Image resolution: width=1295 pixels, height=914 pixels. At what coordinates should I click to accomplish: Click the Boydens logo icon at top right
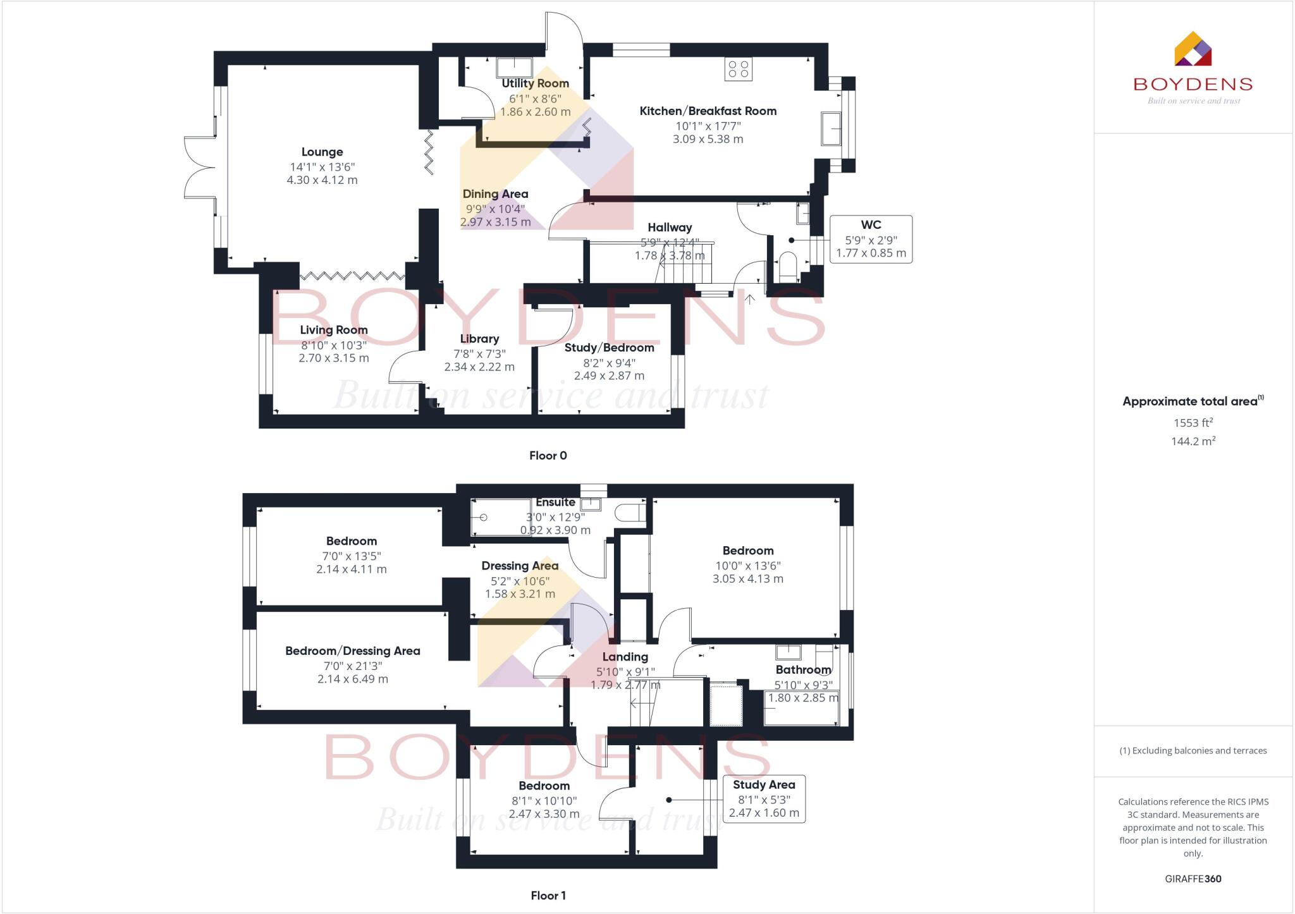tap(1193, 49)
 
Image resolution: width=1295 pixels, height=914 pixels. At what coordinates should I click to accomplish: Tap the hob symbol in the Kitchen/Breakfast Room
tap(738, 69)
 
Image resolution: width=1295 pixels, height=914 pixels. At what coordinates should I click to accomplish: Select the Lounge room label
tap(322, 152)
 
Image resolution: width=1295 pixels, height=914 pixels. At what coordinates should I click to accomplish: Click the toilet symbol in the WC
tap(788, 267)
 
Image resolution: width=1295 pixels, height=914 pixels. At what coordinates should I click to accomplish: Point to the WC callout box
tap(871, 239)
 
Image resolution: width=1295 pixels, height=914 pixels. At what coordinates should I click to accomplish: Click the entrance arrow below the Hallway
tap(749, 299)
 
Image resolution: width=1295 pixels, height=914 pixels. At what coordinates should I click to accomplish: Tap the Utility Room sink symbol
tap(513, 67)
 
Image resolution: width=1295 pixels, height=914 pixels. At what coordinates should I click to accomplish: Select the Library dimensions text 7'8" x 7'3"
tap(479, 354)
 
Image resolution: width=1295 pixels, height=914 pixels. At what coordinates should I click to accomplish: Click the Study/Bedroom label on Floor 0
tap(609, 348)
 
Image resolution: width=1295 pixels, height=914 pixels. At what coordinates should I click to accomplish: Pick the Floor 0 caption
tap(548, 455)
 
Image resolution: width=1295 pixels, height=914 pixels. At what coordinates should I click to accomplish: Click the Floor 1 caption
tap(548, 895)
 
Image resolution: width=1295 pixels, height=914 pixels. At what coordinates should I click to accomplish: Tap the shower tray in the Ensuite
tap(501, 518)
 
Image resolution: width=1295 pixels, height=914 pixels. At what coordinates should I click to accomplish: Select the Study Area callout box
tap(764, 798)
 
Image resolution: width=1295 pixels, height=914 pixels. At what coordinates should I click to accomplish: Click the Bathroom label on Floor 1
tap(803, 669)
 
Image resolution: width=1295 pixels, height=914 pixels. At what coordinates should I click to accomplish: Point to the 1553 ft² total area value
tap(1193, 423)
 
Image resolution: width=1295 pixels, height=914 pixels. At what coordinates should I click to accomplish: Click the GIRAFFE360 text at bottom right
tap(1193, 879)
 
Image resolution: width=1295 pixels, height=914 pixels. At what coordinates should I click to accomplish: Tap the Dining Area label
tap(495, 194)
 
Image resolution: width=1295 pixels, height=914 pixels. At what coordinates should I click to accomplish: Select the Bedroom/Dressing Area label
tap(352, 651)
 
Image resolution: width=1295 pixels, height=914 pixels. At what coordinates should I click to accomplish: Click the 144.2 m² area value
tap(1193, 441)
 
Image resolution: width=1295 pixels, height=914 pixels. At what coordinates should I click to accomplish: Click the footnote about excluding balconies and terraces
tap(1193, 751)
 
